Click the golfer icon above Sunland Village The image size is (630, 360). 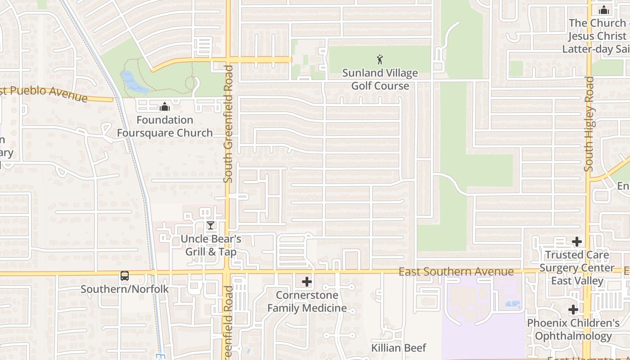pyautogui.click(x=380, y=59)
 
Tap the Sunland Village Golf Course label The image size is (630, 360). pyautogui.click(x=380, y=79)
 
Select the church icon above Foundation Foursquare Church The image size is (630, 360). pyautogui.click(x=165, y=107)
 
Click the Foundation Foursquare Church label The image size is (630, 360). pyautogui.click(x=165, y=126)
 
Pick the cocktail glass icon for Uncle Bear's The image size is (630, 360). pyautogui.click(x=210, y=225)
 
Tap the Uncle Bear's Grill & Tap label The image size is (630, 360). pyautogui.click(x=211, y=245)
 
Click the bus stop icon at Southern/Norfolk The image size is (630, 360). pyautogui.click(x=125, y=276)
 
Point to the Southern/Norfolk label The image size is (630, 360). pyautogui.click(x=125, y=289)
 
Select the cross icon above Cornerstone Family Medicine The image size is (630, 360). pyautogui.click(x=307, y=282)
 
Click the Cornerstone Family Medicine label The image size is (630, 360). pyautogui.click(x=307, y=301)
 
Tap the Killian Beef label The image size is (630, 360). pyautogui.click(x=399, y=348)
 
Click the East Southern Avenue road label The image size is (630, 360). pyautogui.click(x=456, y=271)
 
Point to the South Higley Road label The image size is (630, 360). pyautogui.click(x=589, y=124)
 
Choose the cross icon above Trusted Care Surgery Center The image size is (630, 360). pyautogui.click(x=577, y=242)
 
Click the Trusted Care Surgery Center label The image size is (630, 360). pyautogui.click(x=577, y=268)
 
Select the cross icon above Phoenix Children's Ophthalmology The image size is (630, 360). pyautogui.click(x=573, y=310)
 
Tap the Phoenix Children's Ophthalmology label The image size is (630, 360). pyautogui.click(x=573, y=329)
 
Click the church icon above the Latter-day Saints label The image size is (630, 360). pyautogui.click(x=604, y=10)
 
